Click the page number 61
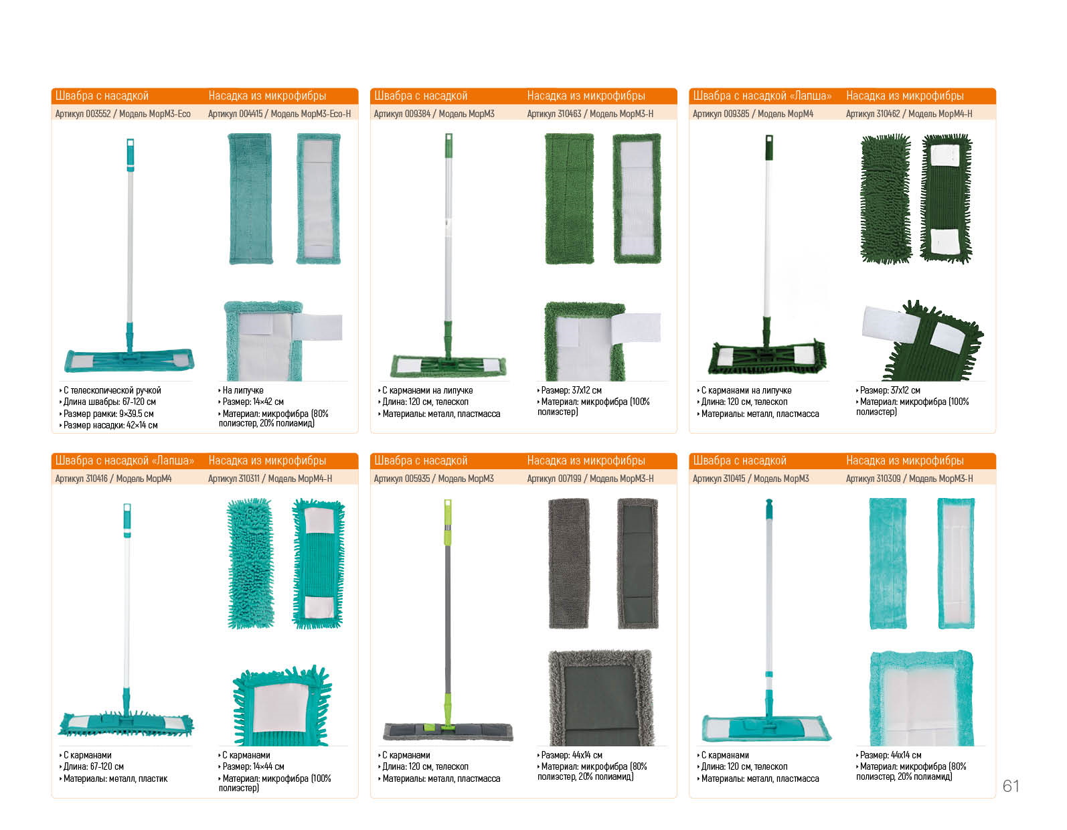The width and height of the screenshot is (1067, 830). pyautogui.click(x=1011, y=786)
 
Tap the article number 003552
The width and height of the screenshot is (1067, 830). pyautogui.click(x=98, y=114)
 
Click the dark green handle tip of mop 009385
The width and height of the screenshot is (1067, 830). pyautogui.click(x=769, y=147)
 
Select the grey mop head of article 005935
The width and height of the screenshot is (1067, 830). pyautogui.click(x=448, y=732)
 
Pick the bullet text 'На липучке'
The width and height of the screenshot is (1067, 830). pyautogui.click(x=243, y=390)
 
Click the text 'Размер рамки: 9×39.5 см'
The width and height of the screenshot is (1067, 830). pyautogui.click(x=108, y=414)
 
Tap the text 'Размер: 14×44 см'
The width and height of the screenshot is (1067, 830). pyautogui.click(x=254, y=766)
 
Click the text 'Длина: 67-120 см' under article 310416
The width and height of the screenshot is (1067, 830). pyautogui.click(x=93, y=766)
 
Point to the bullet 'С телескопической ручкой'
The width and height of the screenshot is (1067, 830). pyautogui.click(x=112, y=390)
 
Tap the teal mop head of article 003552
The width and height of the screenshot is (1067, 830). pyautogui.click(x=129, y=360)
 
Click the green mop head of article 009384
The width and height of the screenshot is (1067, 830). pyautogui.click(x=448, y=365)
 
